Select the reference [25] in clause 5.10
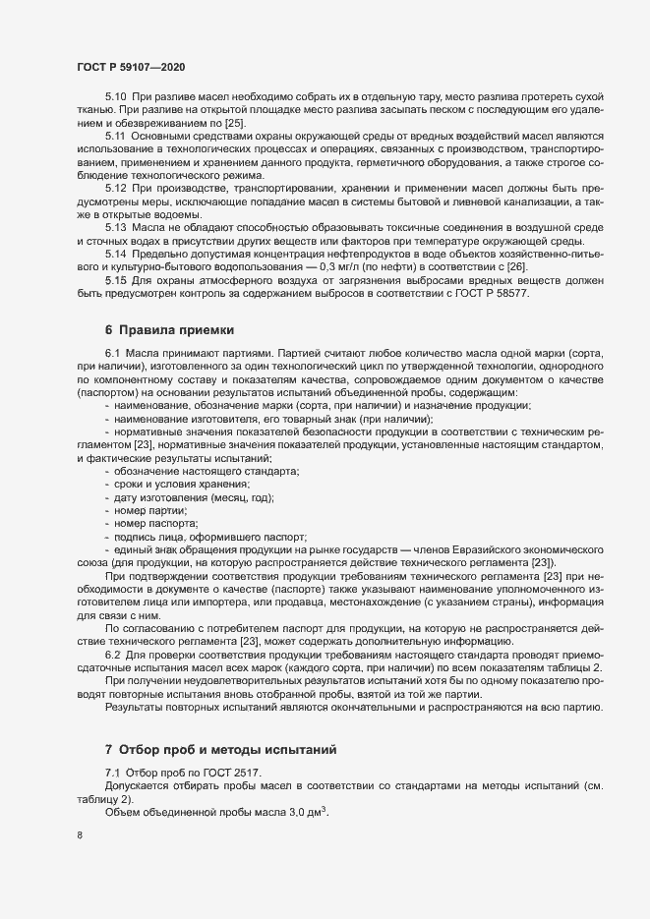[234, 125]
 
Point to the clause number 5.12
[116, 187]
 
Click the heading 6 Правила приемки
[169, 329]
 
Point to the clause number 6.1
[112, 352]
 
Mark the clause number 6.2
[112, 653]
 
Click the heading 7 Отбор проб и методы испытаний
[220, 750]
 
